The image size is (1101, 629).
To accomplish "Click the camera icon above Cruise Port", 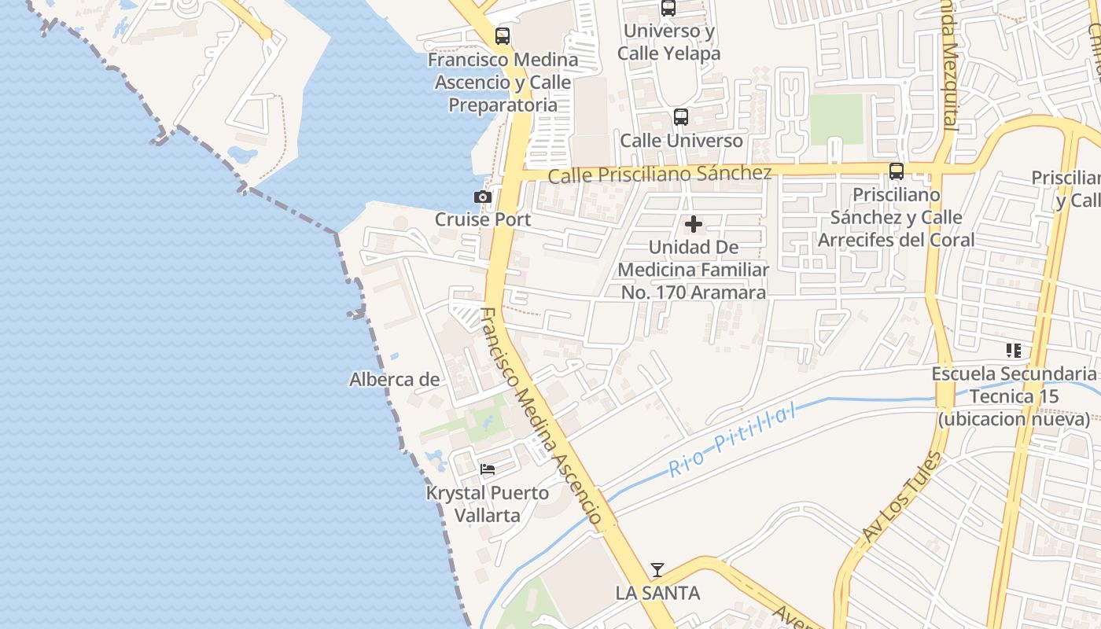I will [483, 197].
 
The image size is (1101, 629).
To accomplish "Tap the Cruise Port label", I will [483, 219].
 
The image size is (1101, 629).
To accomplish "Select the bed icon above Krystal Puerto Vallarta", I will [488, 469].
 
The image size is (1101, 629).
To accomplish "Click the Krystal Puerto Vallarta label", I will [488, 504].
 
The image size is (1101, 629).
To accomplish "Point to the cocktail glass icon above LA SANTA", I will [657, 570].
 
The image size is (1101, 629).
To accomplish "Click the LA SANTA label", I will [657, 593].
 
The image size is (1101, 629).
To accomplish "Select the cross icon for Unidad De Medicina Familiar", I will [693, 225].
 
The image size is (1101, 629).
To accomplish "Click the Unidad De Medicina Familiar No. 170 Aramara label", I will [693, 270].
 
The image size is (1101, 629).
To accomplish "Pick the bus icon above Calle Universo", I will [681, 117].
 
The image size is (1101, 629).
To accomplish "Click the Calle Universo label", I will [681, 141].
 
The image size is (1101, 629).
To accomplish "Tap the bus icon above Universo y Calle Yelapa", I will [668, 9].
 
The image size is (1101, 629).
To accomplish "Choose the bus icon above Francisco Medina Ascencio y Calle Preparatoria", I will [503, 36].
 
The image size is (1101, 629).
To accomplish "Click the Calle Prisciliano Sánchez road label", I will [659, 174].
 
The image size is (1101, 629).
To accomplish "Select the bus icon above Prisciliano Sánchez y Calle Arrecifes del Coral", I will [896, 171].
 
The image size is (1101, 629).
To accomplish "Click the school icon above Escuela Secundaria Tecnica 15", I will [1013, 351].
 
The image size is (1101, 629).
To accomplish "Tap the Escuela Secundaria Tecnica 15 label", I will [1013, 396].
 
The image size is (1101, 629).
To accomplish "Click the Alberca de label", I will [394, 380].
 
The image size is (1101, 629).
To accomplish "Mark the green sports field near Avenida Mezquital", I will [836, 119].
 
